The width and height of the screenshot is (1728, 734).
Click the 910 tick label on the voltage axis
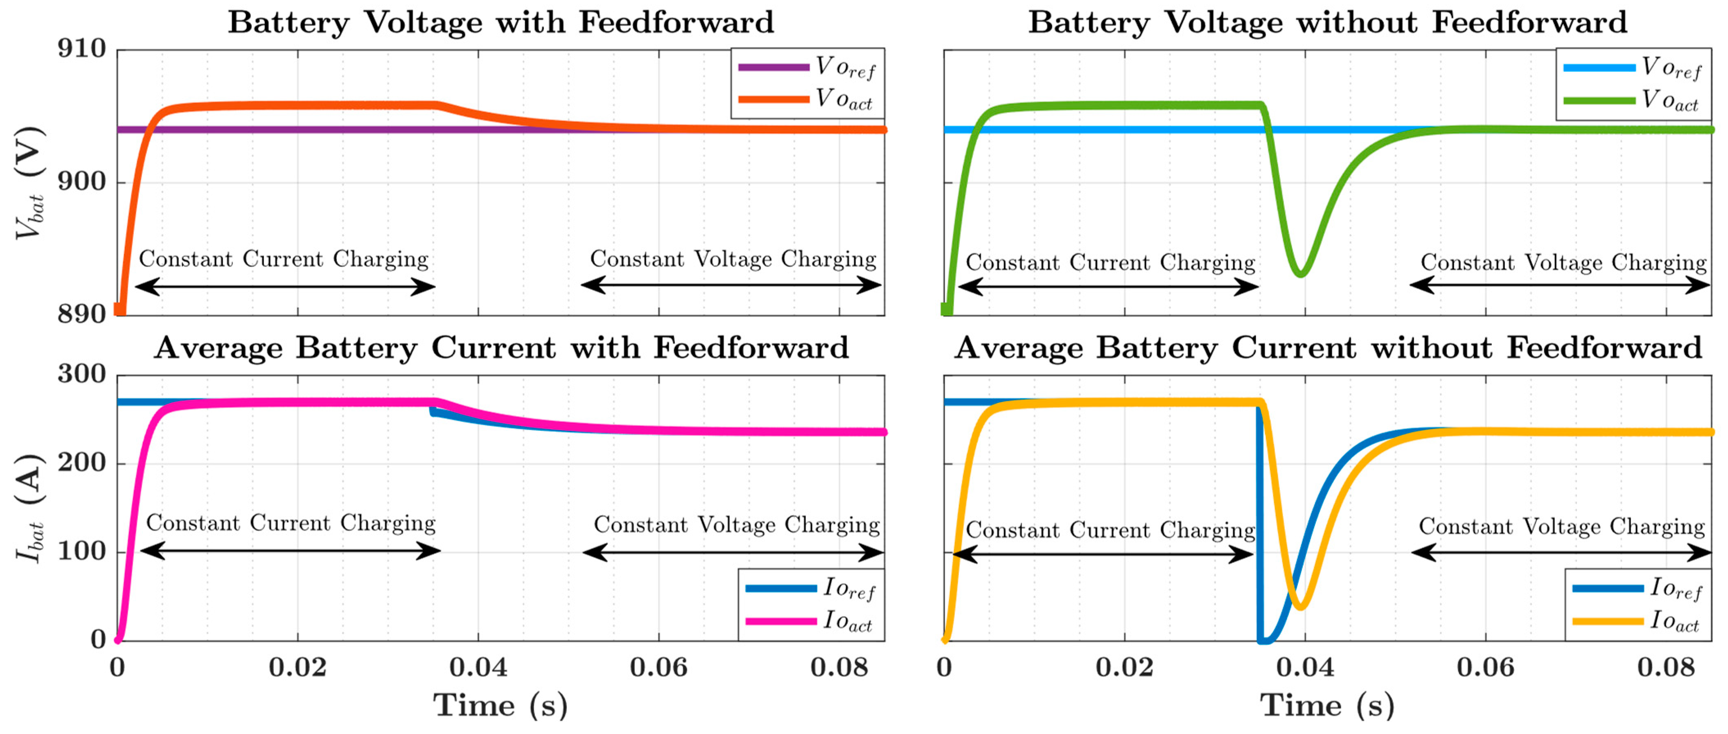pyautogui.click(x=82, y=49)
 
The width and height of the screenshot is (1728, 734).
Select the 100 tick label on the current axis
pyautogui.click(x=82, y=551)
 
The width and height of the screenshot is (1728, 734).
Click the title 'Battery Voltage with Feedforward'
pyautogui.click(x=501, y=22)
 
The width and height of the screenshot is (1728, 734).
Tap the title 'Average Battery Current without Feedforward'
pyautogui.click(x=1328, y=348)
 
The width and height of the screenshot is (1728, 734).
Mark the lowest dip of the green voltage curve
pyautogui.click(x=1300, y=273)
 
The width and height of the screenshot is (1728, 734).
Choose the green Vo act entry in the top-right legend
pyautogui.click(x=1599, y=101)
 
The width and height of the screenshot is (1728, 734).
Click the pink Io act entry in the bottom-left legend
pyautogui.click(x=781, y=621)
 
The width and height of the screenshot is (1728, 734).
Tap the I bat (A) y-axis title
pyautogui.click(x=30, y=508)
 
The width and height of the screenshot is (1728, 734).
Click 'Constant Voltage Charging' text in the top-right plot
pyautogui.click(x=1563, y=262)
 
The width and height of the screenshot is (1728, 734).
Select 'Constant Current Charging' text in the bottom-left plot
pyautogui.click(x=291, y=523)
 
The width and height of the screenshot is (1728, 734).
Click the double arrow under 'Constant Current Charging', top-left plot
pyautogui.click(x=285, y=287)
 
